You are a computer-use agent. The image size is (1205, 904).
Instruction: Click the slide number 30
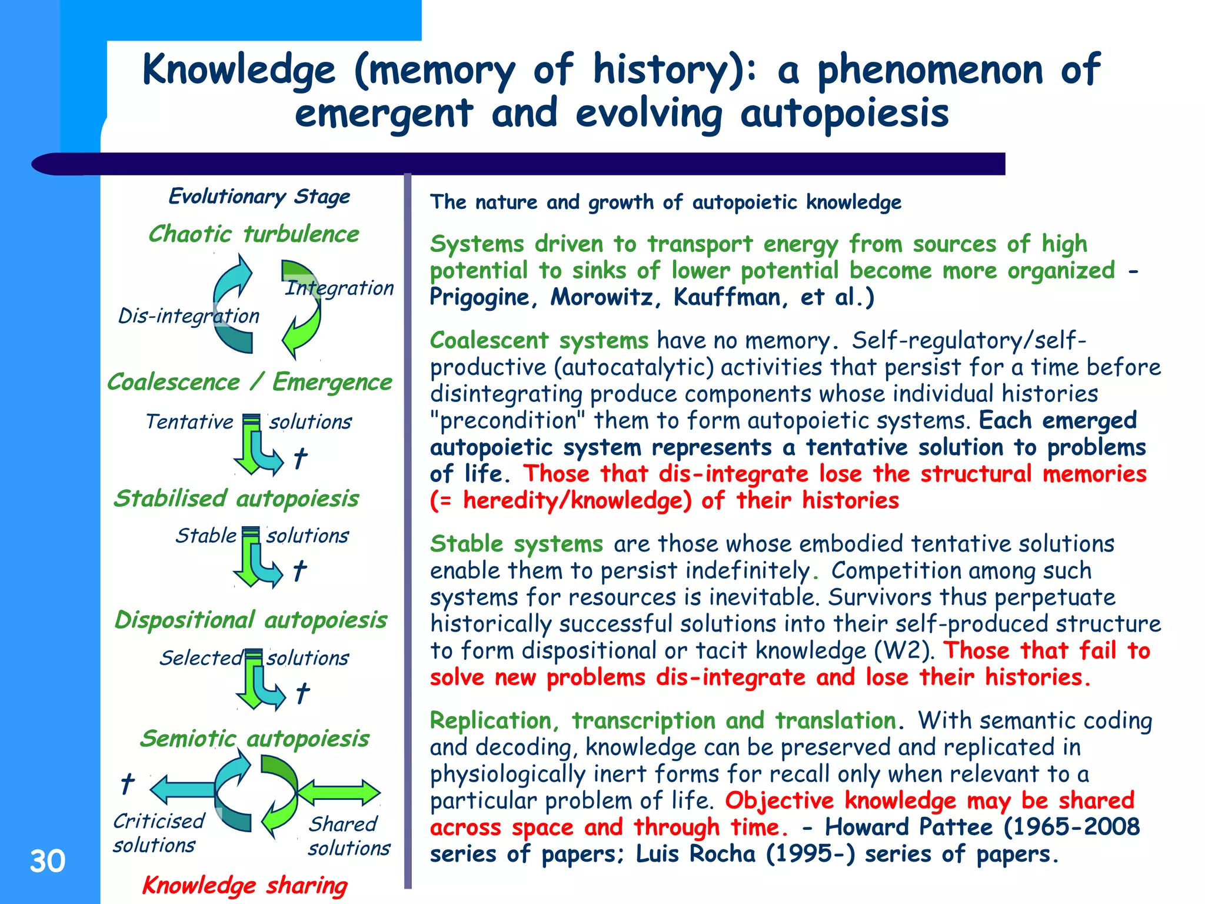click(x=48, y=861)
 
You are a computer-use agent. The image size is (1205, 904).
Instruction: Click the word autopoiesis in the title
click(x=844, y=114)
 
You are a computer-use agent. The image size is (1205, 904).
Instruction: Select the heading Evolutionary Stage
click(x=259, y=196)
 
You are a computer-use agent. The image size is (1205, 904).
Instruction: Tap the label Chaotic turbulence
click(x=253, y=234)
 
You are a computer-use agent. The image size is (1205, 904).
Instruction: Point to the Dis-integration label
click(x=188, y=316)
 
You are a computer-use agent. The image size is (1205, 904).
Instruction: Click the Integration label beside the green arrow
click(x=339, y=288)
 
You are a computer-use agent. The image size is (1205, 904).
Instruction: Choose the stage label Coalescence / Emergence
click(x=249, y=382)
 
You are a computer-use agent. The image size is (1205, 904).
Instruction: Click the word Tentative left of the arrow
click(x=189, y=421)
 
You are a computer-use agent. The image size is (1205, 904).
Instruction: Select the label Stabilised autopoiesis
click(x=236, y=498)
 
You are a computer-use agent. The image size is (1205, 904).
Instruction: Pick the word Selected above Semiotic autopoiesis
click(x=200, y=657)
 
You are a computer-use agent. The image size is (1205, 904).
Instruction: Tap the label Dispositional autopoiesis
click(x=251, y=620)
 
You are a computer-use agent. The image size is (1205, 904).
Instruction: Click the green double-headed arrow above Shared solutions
click(x=339, y=793)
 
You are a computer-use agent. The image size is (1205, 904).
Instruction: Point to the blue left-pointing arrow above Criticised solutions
click(x=182, y=789)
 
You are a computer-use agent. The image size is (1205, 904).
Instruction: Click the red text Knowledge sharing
click(x=245, y=885)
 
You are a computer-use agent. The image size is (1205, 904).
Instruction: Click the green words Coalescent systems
click(x=539, y=341)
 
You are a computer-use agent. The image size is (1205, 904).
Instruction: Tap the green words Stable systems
click(x=516, y=544)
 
